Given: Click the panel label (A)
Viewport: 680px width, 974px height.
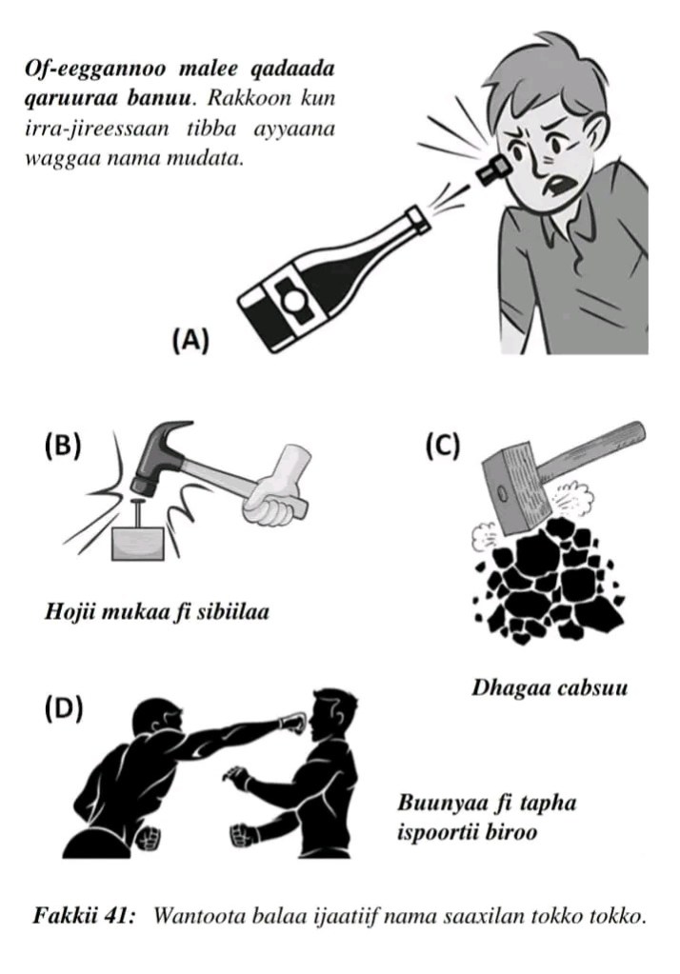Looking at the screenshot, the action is click(x=190, y=341).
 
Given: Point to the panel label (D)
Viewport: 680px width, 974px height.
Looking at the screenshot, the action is click(x=64, y=708).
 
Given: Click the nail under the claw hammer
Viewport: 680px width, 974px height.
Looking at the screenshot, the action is click(x=138, y=511).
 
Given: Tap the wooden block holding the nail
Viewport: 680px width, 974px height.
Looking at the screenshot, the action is click(x=138, y=544).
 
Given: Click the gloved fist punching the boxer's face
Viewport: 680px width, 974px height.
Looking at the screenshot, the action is click(x=293, y=724).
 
